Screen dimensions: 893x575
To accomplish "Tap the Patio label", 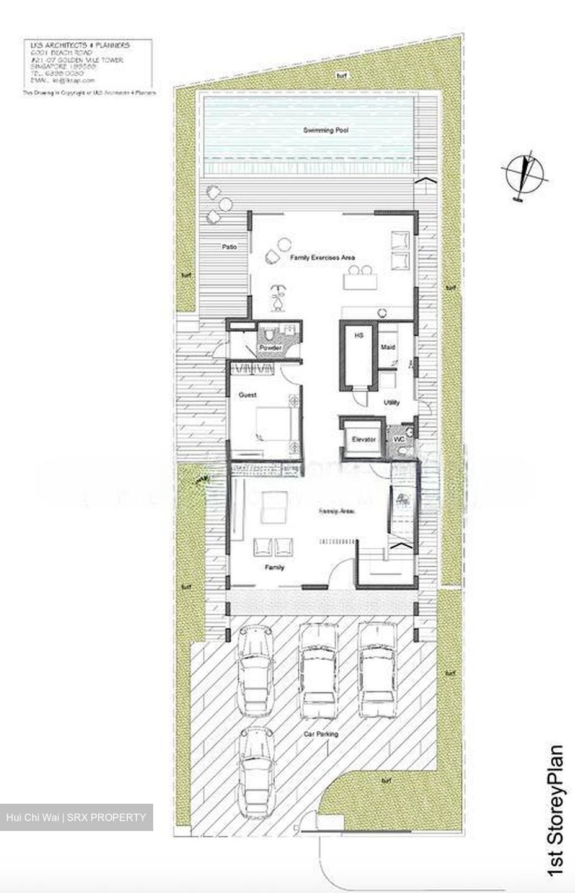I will [229, 247].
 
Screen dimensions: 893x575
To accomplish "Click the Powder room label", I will [270, 348].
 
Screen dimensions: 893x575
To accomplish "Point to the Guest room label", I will [247, 395].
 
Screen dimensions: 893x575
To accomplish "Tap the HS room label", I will [358, 335].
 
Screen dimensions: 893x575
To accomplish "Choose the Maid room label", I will [388, 347].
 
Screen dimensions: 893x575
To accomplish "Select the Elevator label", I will [364, 440].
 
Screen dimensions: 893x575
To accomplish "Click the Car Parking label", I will [321, 734].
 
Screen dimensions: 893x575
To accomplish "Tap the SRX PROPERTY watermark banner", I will [76, 817].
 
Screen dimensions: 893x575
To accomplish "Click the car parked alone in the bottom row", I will [254, 766].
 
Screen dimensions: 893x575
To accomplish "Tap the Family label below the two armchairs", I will [274, 567].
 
